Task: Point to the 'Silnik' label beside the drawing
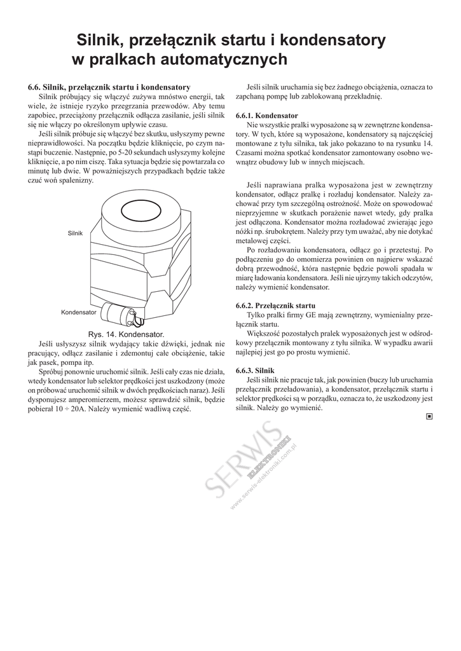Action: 75,233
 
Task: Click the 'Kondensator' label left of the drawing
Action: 78,313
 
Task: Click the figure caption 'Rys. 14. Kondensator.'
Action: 125,334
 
